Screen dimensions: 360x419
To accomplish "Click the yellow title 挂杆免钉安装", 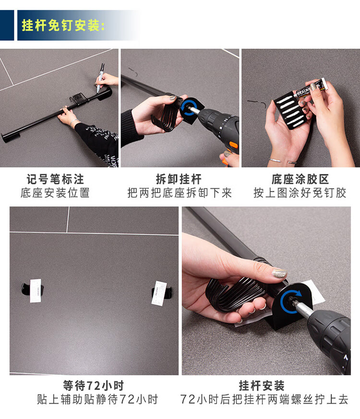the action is click(63, 25).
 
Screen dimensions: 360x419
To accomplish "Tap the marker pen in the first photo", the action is click(100, 78).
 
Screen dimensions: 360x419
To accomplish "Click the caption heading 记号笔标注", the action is click(55, 179).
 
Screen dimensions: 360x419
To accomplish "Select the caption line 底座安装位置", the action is click(55, 193).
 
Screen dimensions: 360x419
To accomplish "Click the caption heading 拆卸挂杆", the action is click(179, 179).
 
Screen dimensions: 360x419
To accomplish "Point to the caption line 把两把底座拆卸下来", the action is click(180, 193).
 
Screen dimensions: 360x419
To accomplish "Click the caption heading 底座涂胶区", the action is click(300, 179).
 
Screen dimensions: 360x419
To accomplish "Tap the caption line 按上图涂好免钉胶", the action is click(300, 193).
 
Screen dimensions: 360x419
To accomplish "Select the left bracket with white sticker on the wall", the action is click(33, 290).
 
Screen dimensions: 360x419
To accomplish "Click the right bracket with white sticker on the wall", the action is click(161, 293).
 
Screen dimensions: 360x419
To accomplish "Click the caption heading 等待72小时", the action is click(94, 385).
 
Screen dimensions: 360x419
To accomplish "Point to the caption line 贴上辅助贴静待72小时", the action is click(97, 399).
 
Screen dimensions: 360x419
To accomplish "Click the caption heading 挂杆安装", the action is click(262, 385).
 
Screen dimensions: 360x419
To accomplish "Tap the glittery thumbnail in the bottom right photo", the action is click(279, 273).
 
